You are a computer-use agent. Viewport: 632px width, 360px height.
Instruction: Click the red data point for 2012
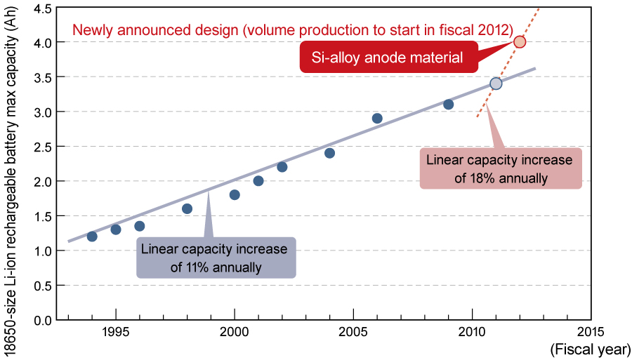520,41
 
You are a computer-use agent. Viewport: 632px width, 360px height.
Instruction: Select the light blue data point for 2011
496,84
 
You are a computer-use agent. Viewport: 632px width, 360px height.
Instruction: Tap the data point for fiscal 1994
92,236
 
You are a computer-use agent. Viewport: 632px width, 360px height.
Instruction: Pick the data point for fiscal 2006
377,118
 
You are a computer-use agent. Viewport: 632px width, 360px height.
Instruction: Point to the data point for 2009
448,105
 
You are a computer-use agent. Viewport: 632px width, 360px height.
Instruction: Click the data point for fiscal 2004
329,153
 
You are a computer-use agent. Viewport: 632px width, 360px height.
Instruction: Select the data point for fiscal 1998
187,208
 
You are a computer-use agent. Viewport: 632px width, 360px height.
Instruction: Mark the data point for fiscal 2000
235,194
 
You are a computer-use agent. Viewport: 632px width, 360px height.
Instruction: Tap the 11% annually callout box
216,258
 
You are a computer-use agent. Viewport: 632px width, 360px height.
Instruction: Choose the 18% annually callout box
501,168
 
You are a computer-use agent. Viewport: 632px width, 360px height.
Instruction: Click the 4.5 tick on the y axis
43,8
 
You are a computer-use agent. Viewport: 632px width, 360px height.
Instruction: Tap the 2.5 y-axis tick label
43,147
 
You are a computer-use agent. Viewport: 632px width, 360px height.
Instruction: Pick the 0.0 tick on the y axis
43,320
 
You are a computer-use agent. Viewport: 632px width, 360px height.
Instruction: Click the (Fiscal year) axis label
589,349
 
